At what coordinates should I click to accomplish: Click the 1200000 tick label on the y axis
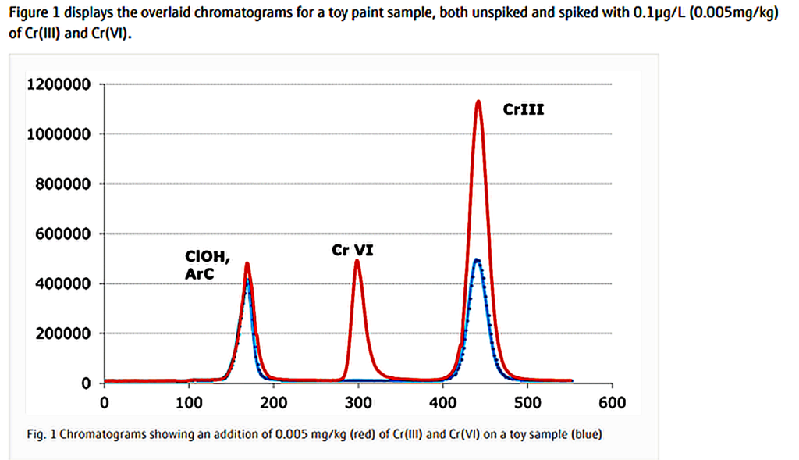click(59, 84)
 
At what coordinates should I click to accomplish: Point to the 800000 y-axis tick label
click(62, 184)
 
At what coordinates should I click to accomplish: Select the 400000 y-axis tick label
click(62, 283)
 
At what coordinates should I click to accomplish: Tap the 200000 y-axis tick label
click(62, 333)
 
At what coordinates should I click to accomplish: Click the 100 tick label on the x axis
click(189, 403)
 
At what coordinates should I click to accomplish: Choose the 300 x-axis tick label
click(358, 403)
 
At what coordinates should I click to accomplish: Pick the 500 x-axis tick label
click(527, 403)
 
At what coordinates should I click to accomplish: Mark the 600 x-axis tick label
click(613, 403)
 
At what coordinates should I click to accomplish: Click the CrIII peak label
click(524, 110)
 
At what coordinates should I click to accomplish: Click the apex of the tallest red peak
click(478, 101)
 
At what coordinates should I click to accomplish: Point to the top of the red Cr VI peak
click(357, 260)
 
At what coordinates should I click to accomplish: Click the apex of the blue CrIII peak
click(477, 259)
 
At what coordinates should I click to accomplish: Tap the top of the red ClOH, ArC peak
click(247, 263)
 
